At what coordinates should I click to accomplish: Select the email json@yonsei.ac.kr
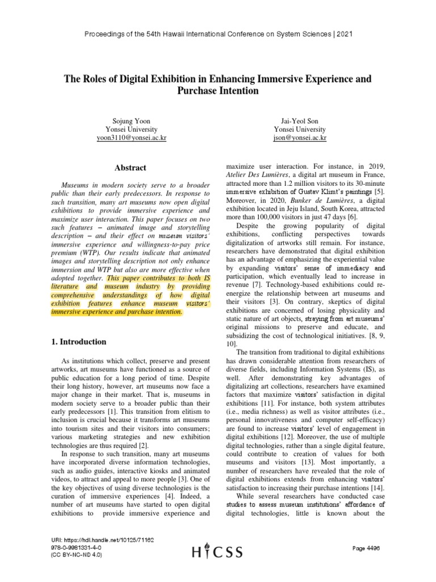300,138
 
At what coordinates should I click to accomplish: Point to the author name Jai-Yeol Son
300,121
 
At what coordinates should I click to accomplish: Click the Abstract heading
130,168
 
